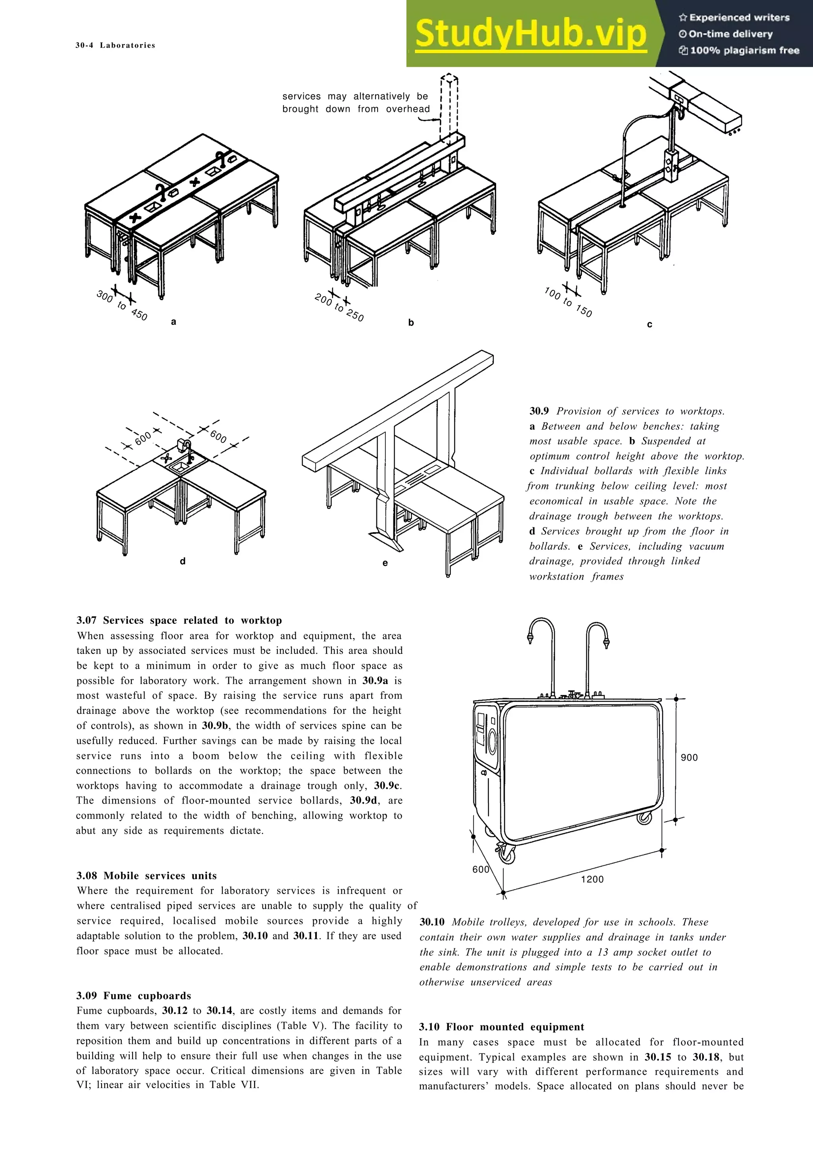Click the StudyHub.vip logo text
(530, 34)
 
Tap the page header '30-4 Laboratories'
(115, 45)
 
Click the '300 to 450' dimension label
(122, 306)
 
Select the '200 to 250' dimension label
(339, 308)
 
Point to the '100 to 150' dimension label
(568, 302)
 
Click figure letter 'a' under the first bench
(173, 322)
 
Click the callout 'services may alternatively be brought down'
(355, 103)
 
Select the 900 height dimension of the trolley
(689, 757)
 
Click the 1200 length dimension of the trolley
(592, 879)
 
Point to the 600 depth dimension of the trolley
(480, 869)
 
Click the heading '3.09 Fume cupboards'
(134, 996)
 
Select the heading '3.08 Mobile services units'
(146, 875)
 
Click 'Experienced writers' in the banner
(734, 17)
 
